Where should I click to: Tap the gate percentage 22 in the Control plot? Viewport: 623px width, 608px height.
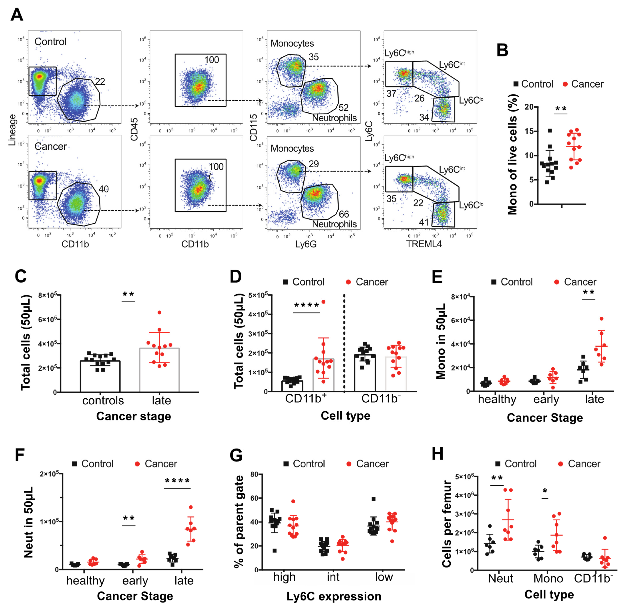[x=100, y=82]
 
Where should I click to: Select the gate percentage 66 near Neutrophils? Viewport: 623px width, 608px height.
[x=344, y=214]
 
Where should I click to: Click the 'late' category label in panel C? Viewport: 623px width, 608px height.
[x=161, y=400]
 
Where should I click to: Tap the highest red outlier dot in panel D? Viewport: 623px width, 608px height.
[x=323, y=302]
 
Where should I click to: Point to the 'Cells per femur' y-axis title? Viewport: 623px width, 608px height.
[x=447, y=524]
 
